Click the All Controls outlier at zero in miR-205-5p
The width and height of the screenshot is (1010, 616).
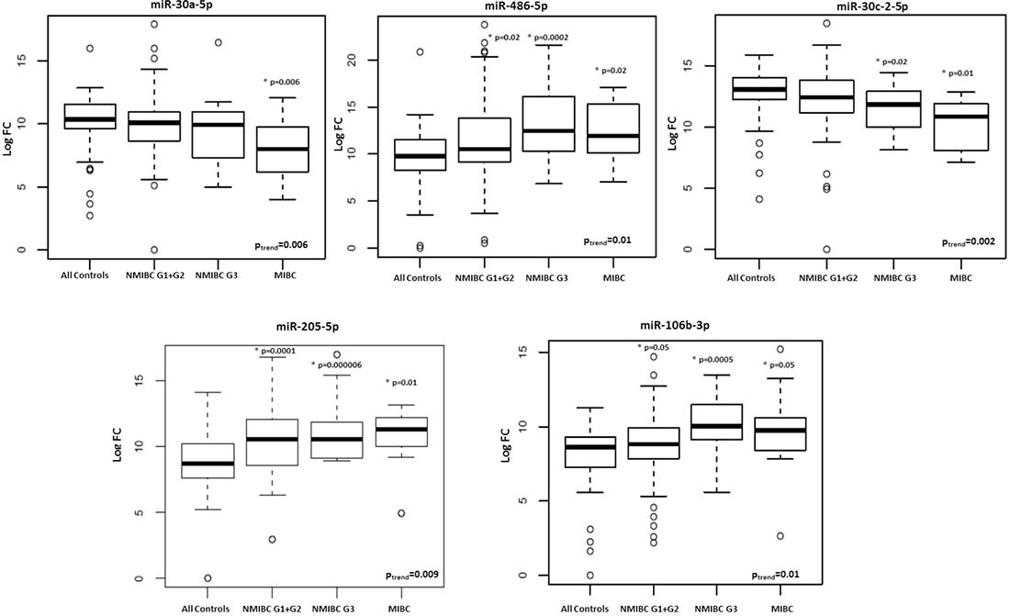pos(208,578)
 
